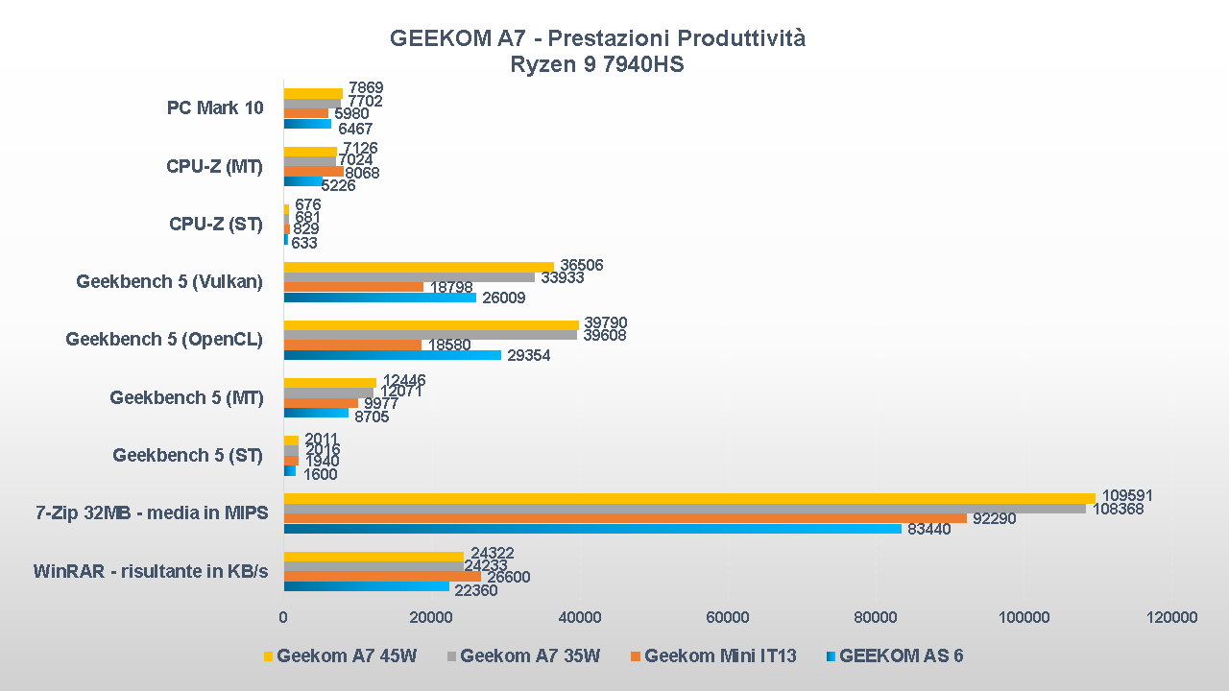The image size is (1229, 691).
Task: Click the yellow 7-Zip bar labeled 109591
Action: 688,498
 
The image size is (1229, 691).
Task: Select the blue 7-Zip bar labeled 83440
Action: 592,529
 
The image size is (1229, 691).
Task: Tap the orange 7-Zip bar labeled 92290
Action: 625,518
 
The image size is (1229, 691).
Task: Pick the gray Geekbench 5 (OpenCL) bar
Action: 430,335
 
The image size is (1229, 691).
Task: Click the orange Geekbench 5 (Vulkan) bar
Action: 353,287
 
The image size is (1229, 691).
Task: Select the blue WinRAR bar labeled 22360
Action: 366,586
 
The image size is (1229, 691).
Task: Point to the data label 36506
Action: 581,266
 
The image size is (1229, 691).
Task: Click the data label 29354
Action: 528,356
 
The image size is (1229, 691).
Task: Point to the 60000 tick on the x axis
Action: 727,617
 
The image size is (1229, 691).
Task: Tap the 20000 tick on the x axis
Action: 431,617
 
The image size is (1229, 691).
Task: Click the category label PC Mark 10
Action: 215,108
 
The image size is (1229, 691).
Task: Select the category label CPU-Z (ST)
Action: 215,225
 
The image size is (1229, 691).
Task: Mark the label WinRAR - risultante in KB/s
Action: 151,572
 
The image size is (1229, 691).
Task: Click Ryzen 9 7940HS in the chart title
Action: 596,65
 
